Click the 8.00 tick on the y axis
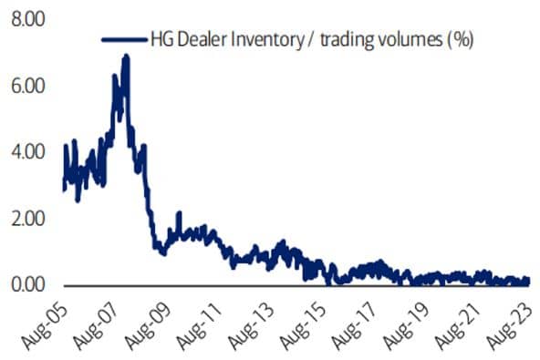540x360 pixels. coord(27,19)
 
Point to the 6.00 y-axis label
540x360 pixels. coord(27,86)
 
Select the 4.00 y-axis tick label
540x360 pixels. coord(27,152)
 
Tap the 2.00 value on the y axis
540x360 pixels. coord(27,219)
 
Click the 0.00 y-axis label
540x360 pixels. coord(27,285)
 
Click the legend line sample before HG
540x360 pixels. coord(122,38)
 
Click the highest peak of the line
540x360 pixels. coord(125,57)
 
